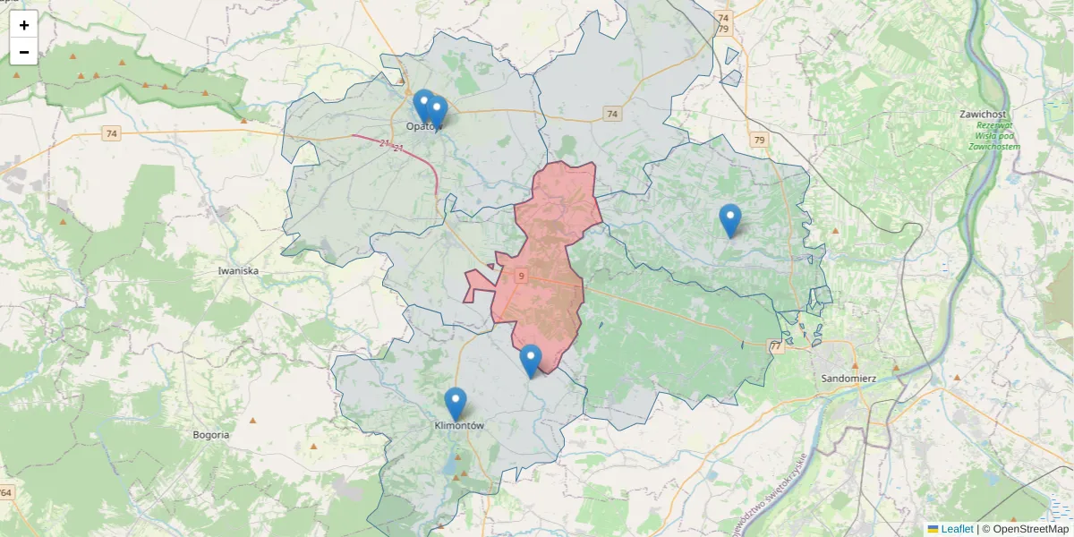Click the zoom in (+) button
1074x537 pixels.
point(24,25)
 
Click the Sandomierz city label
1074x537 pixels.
point(848,378)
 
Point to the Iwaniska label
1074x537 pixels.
point(238,269)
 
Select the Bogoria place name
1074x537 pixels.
point(211,435)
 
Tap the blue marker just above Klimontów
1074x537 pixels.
point(456,404)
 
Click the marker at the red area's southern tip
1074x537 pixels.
point(531,361)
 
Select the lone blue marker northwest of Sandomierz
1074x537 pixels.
point(730,220)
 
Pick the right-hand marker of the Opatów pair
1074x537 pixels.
point(437,111)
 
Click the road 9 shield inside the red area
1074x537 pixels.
point(520,277)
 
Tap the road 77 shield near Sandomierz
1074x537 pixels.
point(775,346)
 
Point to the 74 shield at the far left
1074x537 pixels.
point(111,134)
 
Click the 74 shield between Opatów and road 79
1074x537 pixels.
point(612,114)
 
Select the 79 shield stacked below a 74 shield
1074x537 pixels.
point(723,30)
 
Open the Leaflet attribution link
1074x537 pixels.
point(956,529)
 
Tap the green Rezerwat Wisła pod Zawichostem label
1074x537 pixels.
point(993,136)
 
